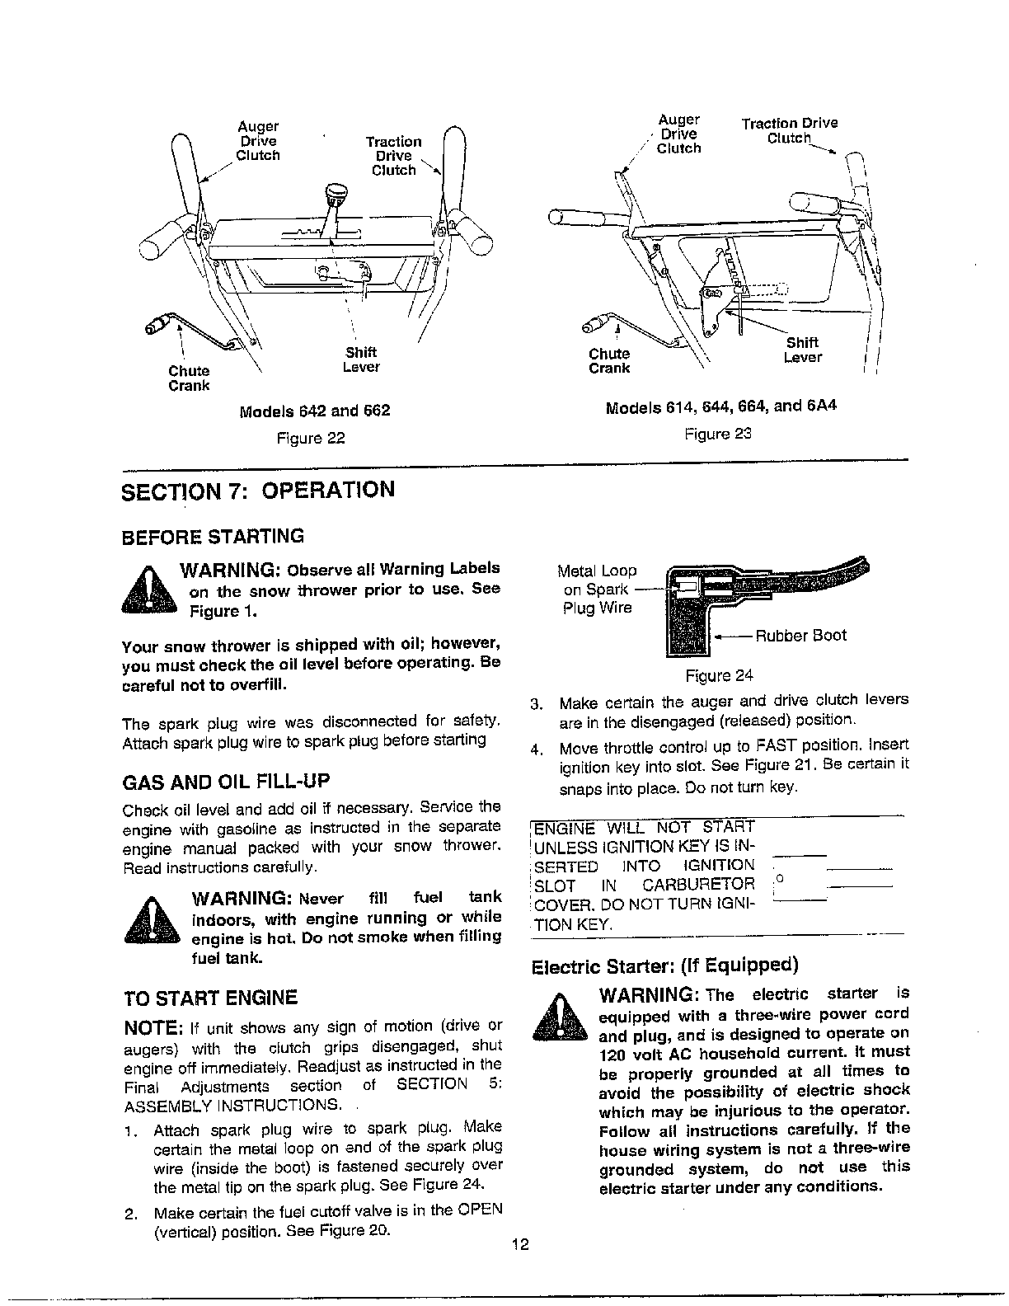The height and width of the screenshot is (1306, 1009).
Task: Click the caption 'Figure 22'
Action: (x=310, y=438)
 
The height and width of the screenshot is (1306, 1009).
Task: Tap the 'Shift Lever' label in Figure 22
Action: (x=360, y=359)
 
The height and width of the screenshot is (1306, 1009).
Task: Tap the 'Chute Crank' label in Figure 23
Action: (x=609, y=361)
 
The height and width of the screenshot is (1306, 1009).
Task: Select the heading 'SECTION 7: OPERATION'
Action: (x=258, y=490)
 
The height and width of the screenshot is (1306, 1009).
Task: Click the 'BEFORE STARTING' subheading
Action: (x=213, y=537)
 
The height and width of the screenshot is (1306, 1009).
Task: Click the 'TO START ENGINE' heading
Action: (x=209, y=998)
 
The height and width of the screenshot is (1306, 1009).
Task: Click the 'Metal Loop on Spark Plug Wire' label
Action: (x=597, y=589)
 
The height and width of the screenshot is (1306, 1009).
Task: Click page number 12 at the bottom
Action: (x=519, y=1245)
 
